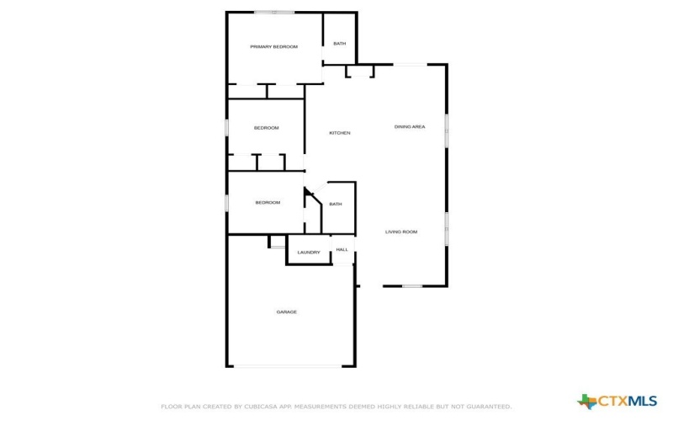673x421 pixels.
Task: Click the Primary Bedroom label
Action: [x=273, y=46]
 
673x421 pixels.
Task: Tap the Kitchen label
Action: [x=340, y=133]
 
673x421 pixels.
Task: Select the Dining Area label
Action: [x=410, y=126]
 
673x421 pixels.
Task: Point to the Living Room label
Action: [x=401, y=232]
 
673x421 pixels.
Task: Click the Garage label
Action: [x=287, y=312]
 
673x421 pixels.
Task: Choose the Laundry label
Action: [x=309, y=252]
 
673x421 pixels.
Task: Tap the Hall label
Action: [x=342, y=249]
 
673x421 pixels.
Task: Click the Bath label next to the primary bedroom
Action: [x=339, y=44]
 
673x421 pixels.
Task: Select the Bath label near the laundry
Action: [x=336, y=204]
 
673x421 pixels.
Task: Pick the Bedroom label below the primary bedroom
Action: [x=266, y=127]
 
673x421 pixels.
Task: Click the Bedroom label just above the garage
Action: [x=268, y=202]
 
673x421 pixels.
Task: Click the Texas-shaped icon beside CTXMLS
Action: [x=586, y=400]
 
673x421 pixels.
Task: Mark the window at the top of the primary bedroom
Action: [x=274, y=12]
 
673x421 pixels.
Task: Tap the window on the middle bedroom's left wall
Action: [x=226, y=127]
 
